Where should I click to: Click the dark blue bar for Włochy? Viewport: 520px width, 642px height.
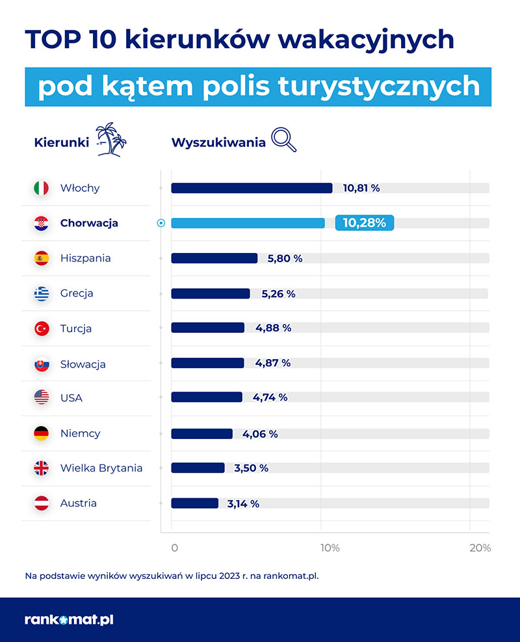click(x=252, y=188)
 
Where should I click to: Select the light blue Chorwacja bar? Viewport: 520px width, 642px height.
click(x=248, y=223)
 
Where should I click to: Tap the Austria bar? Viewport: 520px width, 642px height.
click(x=194, y=503)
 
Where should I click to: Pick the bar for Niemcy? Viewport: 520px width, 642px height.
click(x=201, y=433)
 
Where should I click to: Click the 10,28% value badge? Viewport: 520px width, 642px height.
click(x=364, y=223)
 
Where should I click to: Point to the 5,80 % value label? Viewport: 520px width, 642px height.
click(x=285, y=258)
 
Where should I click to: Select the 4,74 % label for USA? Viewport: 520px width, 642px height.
click(x=269, y=397)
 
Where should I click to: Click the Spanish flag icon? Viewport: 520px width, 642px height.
click(x=42, y=258)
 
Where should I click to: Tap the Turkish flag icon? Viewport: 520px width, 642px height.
click(x=42, y=328)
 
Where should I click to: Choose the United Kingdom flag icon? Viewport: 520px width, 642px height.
click(x=42, y=468)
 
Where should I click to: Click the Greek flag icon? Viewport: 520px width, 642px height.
click(x=42, y=293)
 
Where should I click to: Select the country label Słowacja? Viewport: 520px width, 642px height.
click(x=83, y=364)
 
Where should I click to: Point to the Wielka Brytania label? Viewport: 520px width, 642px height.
click(x=101, y=468)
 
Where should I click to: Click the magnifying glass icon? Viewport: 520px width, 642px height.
click(x=283, y=139)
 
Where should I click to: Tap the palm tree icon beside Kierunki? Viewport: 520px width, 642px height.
click(x=111, y=139)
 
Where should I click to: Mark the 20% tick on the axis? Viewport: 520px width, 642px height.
click(x=480, y=548)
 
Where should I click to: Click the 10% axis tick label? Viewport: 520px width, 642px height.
click(x=330, y=548)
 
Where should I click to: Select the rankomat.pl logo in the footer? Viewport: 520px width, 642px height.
click(x=69, y=620)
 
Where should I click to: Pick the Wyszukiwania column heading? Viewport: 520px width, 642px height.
click(x=218, y=142)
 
